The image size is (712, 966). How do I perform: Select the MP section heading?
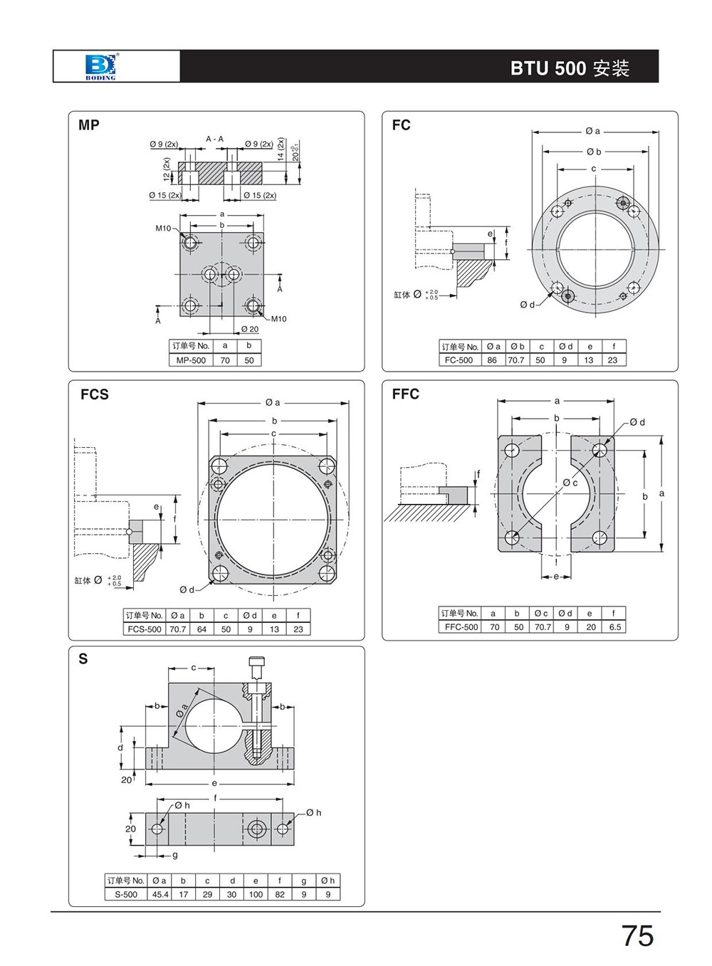(89, 125)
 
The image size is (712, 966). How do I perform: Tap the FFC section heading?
(405, 394)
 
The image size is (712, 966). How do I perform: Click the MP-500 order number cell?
(191, 360)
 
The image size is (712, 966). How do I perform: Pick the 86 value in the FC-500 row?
(492, 360)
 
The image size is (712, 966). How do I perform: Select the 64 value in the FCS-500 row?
(201, 629)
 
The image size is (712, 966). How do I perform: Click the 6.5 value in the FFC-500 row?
(614, 627)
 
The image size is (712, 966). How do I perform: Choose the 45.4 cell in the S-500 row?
(159, 894)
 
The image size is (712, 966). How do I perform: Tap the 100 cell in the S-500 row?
(256, 894)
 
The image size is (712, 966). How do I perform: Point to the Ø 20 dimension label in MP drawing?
(249, 329)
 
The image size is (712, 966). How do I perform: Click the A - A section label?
(214, 139)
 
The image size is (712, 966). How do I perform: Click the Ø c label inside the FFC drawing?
(570, 483)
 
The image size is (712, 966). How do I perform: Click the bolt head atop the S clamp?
(256, 662)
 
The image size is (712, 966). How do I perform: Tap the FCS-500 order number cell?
(145, 629)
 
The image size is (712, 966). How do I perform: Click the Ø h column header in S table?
(328, 881)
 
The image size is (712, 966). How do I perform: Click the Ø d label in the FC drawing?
(527, 305)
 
